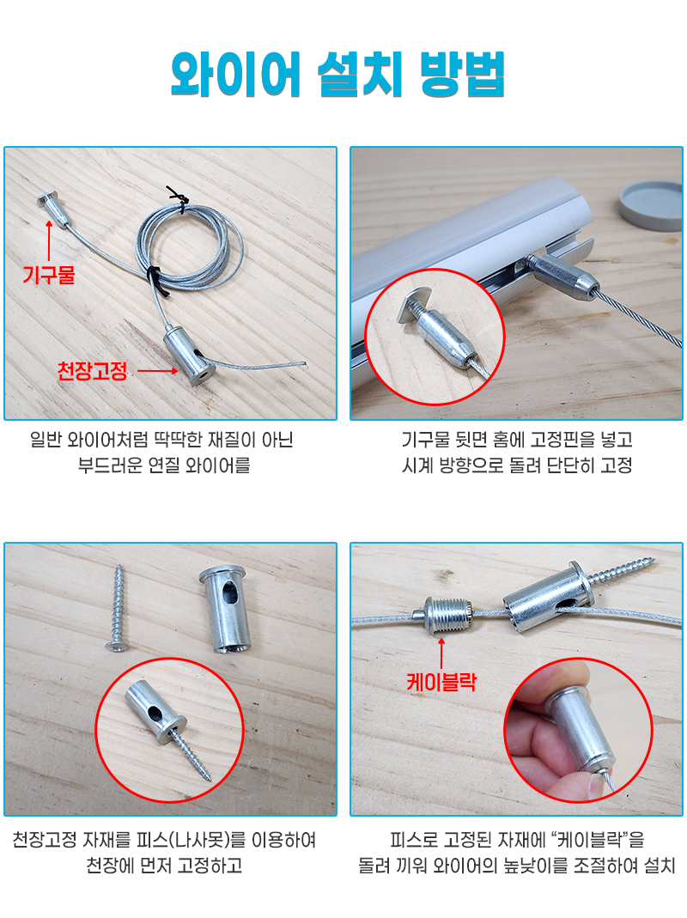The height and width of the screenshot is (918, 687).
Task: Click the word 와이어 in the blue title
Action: coord(235,75)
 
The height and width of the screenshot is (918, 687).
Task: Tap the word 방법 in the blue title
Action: coord(463,75)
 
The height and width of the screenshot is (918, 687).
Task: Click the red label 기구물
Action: coord(49,274)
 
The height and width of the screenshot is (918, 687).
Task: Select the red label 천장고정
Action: coord(92,371)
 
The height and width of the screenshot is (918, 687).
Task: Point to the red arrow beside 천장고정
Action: coord(157,371)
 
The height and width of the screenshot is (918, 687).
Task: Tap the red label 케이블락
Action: coord(441,682)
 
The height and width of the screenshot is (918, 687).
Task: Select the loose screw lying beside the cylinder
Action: coord(117,608)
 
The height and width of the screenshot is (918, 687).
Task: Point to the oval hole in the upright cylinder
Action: coord(229,595)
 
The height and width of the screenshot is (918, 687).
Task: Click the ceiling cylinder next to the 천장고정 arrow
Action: coord(188,356)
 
